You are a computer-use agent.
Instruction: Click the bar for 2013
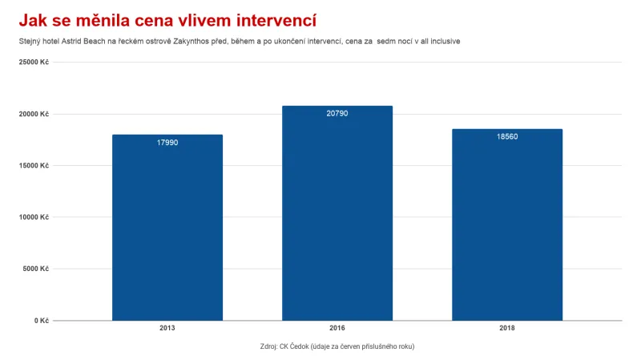click(x=167, y=228)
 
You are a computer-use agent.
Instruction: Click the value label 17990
click(x=167, y=143)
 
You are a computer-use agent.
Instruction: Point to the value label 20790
click(x=337, y=114)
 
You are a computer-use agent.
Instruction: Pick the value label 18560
click(x=506, y=137)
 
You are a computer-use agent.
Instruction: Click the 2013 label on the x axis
click(x=167, y=329)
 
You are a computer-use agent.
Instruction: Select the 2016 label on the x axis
click(x=337, y=329)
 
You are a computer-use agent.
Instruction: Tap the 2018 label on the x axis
click(x=506, y=329)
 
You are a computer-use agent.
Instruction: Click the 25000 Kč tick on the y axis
click(x=34, y=63)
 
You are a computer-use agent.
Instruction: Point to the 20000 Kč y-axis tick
click(x=34, y=114)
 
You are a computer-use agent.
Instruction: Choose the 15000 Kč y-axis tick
click(x=34, y=166)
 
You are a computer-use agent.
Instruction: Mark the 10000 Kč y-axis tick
click(x=34, y=217)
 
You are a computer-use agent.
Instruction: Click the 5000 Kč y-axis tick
click(x=36, y=269)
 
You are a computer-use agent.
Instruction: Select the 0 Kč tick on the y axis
click(x=41, y=321)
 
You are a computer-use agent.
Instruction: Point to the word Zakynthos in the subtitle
click(x=191, y=41)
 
